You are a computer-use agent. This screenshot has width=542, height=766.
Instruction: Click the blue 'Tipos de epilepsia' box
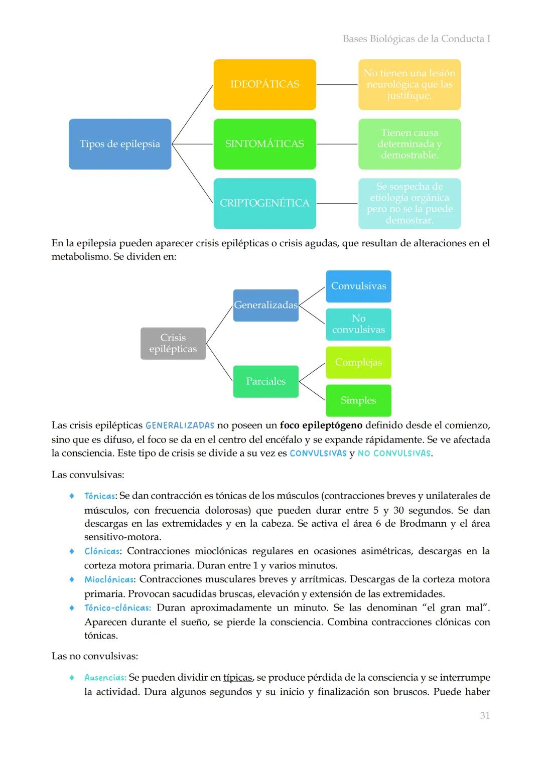pyautogui.click(x=119, y=144)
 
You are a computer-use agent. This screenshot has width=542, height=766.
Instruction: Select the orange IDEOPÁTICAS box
pyautogui.click(x=264, y=84)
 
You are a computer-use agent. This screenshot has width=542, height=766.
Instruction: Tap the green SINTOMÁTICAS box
pyautogui.click(x=264, y=144)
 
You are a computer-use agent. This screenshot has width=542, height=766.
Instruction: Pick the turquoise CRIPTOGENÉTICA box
pyautogui.click(x=264, y=203)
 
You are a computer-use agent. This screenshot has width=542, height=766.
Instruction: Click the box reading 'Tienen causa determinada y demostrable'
pyautogui.click(x=409, y=144)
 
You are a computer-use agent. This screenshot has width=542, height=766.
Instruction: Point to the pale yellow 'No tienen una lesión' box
pyautogui.click(x=409, y=84)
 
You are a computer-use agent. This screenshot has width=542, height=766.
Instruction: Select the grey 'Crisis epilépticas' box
pyautogui.click(x=173, y=343)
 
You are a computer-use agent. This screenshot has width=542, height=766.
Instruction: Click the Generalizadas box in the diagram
pyautogui.click(x=265, y=305)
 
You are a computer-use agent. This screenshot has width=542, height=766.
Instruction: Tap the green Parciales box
pyautogui.click(x=265, y=381)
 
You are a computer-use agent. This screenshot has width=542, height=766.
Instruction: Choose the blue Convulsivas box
pyautogui.click(x=358, y=286)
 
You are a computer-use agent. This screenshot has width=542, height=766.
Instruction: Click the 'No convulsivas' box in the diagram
pyautogui.click(x=358, y=324)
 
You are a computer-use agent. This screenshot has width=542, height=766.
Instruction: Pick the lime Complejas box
pyautogui.click(x=358, y=362)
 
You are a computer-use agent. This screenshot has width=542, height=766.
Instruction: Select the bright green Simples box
pyautogui.click(x=358, y=400)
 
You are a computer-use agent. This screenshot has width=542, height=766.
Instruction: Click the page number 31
pyautogui.click(x=484, y=715)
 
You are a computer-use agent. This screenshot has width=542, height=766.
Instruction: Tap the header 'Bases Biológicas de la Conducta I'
pyautogui.click(x=416, y=39)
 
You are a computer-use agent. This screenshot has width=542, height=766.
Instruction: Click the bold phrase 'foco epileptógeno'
pyautogui.click(x=321, y=425)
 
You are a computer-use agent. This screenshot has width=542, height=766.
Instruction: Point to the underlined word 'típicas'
pyautogui.click(x=237, y=677)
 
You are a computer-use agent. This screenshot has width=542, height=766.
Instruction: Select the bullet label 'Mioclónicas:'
pyautogui.click(x=109, y=579)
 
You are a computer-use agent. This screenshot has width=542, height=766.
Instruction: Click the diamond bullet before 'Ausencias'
pyautogui.click(x=72, y=677)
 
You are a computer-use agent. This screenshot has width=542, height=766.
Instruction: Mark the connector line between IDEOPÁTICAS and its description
pyautogui.click(x=337, y=85)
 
